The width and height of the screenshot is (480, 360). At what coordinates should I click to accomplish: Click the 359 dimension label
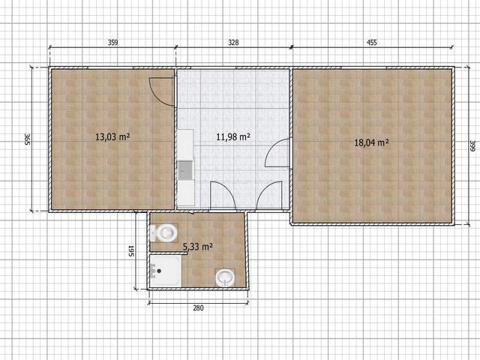click(x=112, y=43)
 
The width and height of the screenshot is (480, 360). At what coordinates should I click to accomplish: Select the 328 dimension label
click(x=233, y=43)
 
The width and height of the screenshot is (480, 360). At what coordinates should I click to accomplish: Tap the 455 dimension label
click(x=372, y=43)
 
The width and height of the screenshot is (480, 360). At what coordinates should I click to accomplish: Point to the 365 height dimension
click(x=27, y=139)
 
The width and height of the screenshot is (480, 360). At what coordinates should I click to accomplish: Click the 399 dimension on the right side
click(x=472, y=145)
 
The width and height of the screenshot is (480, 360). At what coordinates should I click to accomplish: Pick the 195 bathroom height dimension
click(x=130, y=250)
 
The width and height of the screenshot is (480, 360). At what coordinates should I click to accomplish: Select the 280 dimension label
click(x=198, y=308)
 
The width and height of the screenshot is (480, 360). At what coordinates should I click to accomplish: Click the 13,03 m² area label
click(x=112, y=136)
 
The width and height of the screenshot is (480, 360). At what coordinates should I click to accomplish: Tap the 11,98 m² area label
click(x=233, y=136)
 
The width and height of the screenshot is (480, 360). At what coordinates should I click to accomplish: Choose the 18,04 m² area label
click(x=372, y=142)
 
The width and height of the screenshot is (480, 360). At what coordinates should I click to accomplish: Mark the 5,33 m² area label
click(x=198, y=247)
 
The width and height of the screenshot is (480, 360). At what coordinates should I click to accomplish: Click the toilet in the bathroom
click(x=164, y=233)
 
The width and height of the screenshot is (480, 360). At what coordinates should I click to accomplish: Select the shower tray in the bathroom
click(x=166, y=271)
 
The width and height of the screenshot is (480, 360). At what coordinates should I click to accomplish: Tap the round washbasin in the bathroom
click(x=225, y=278)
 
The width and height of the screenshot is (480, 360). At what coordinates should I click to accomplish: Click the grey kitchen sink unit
click(x=185, y=170)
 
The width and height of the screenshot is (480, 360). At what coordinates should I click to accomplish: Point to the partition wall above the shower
click(x=165, y=253)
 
